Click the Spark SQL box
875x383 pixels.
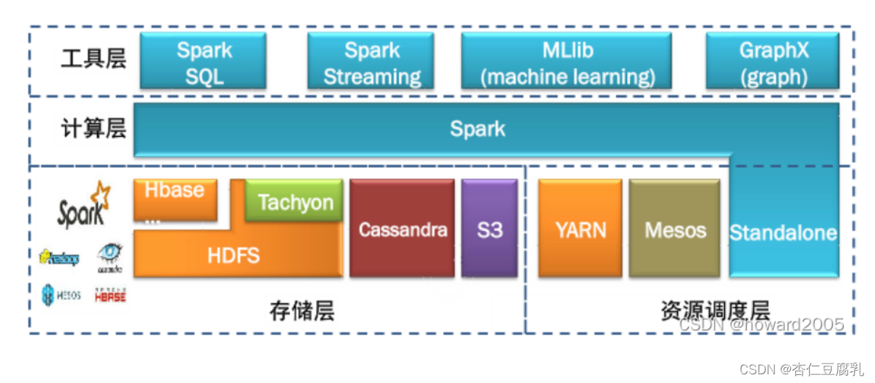click(x=204, y=63)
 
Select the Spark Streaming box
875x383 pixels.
click(x=371, y=63)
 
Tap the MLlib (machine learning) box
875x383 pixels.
click(x=566, y=63)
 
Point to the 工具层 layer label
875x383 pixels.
click(x=94, y=59)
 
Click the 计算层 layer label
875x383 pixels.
click(x=94, y=129)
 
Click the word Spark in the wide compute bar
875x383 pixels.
click(x=477, y=130)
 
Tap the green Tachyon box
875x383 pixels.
click(x=294, y=201)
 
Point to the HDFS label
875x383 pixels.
click(x=233, y=254)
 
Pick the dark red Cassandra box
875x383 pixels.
click(x=402, y=229)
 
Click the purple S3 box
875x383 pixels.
click(x=489, y=229)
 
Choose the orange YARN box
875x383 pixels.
click(x=580, y=229)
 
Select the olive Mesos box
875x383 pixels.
click(x=675, y=229)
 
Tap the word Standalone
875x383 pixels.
click(x=783, y=233)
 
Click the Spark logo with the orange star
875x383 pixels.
click(x=83, y=206)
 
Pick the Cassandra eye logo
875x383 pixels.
click(x=110, y=258)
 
